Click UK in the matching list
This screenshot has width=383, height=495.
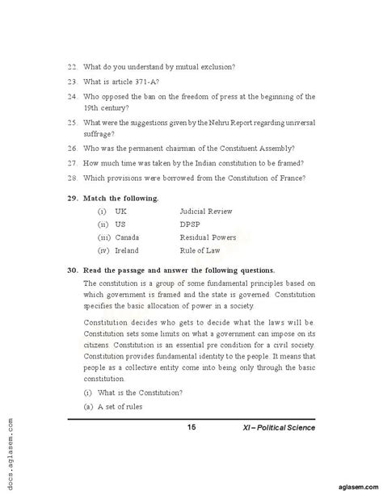(x=121, y=211)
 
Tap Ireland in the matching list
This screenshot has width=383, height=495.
(x=128, y=251)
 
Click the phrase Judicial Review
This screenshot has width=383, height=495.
(x=206, y=211)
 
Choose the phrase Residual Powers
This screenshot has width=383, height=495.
(x=208, y=237)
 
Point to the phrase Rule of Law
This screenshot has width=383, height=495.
(x=201, y=251)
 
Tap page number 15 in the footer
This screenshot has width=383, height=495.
(x=191, y=426)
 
